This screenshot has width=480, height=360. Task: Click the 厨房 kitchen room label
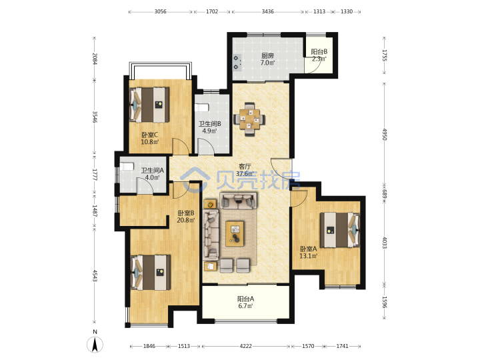(x=267, y=56)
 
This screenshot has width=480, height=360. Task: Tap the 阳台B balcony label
(x=319, y=52)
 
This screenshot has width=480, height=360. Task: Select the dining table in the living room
(x=249, y=119)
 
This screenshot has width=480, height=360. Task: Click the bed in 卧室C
(x=149, y=105)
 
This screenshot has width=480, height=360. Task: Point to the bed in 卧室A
(x=340, y=230)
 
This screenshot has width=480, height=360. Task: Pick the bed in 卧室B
(x=151, y=273)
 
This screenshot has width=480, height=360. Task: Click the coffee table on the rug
(x=235, y=233)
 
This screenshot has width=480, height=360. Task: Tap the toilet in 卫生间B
(x=202, y=108)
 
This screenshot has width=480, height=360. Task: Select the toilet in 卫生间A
(x=127, y=167)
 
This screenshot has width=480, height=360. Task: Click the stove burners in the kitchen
(x=237, y=62)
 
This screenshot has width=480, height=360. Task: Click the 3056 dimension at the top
(x=160, y=11)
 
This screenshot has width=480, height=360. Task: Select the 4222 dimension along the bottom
(x=245, y=346)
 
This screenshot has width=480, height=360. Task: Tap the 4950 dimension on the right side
(x=385, y=135)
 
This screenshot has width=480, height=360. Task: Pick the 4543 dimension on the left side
(x=95, y=275)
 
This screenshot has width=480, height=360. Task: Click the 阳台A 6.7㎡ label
(x=245, y=303)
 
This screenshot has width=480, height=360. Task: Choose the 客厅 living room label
(x=245, y=167)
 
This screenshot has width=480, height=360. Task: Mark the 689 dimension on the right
(x=385, y=195)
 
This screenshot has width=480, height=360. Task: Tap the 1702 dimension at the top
(x=212, y=11)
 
